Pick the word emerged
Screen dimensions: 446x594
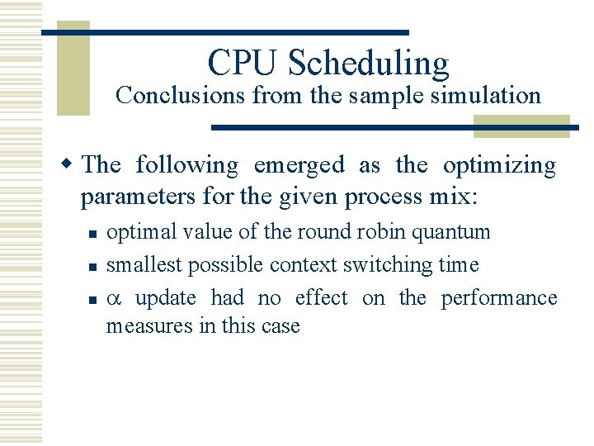tap(299, 165)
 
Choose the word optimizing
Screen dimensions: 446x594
tap(499, 166)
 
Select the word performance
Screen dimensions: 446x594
tap(499, 298)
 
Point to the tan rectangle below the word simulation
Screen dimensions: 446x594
tap(521, 124)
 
